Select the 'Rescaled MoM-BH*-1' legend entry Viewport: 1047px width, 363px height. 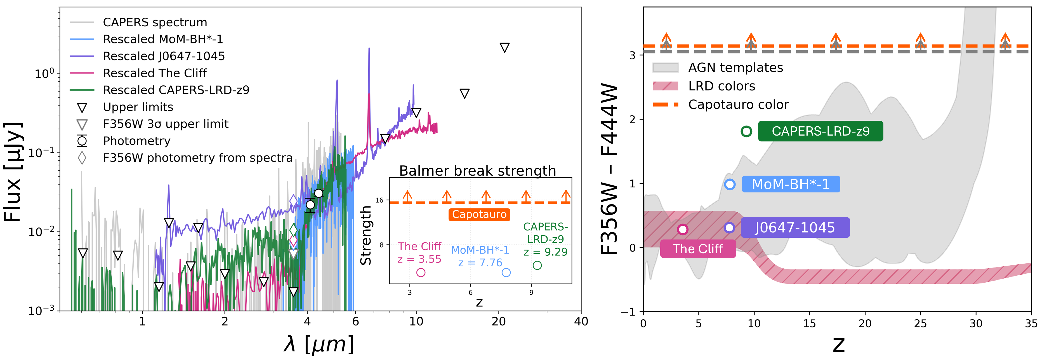(162, 39)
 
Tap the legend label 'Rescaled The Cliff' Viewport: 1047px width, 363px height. (154, 73)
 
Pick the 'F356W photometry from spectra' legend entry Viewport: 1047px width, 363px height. (197, 158)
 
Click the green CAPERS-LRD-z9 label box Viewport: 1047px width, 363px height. (820, 131)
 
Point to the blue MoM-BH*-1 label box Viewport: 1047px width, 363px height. (791, 184)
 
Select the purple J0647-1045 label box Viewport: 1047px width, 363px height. (794, 227)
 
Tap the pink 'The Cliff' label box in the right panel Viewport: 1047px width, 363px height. (698, 249)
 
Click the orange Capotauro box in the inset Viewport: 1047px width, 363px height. (479, 215)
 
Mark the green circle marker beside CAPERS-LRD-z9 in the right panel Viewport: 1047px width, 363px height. (746, 131)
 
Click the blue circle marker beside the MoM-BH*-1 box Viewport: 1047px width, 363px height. (730, 184)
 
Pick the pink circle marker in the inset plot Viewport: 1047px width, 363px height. (421, 273)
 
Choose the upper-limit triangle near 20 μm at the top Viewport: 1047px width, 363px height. (504, 48)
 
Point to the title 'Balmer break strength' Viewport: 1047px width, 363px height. (478, 171)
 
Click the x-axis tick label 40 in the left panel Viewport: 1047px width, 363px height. (581, 322)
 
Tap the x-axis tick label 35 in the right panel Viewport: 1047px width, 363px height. (1031, 324)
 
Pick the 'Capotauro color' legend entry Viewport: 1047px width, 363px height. (738, 104)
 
